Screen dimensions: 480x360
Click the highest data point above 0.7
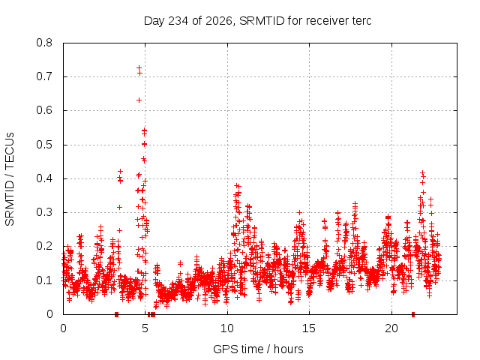tap(139, 67)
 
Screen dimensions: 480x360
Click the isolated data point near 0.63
tap(139, 100)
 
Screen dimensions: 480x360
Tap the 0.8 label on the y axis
tap(44, 43)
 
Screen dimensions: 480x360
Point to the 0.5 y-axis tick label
tap(44, 145)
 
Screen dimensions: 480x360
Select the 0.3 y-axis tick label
tap(44, 212)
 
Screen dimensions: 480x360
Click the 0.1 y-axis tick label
tap(44, 280)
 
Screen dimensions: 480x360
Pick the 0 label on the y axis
tap(49, 314)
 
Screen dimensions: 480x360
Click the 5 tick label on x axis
tap(145, 328)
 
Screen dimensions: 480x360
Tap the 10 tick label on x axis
tap(227, 328)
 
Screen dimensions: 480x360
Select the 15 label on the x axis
tap(309, 328)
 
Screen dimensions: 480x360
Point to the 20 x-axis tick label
tap(391, 328)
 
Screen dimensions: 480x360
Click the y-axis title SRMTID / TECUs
tap(10, 179)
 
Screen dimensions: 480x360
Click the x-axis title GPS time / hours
tap(258, 349)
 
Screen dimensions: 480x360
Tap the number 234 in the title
tap(178, 21)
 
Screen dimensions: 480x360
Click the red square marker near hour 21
tap(413, 314)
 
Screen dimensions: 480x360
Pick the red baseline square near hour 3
tap(116, 314)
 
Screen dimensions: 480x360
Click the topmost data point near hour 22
tap(423, 173)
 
